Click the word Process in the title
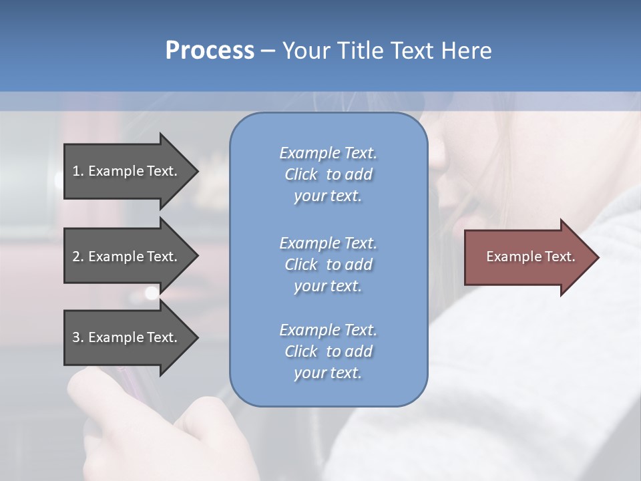(210, 51)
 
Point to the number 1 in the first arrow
(76, 171)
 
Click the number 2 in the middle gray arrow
(76, 257)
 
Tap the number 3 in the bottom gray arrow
(76, 337)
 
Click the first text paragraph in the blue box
(328, 174)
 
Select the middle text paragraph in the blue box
(328, 265)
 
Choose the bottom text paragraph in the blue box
(328, 351)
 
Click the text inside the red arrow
(531, 257)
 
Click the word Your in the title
(306, 51)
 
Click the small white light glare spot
(152, 293)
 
